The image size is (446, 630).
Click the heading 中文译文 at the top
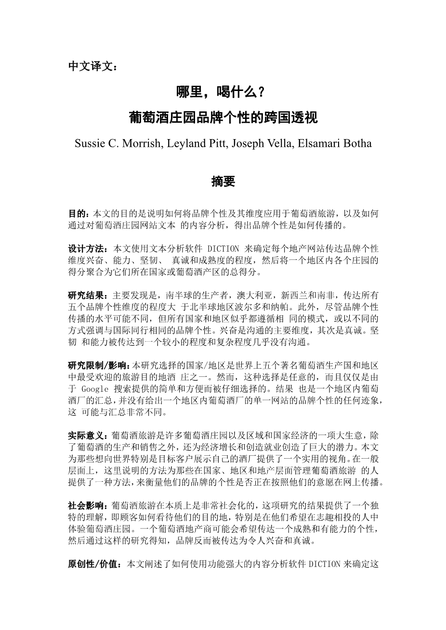92,66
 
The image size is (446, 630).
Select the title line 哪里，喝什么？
223,91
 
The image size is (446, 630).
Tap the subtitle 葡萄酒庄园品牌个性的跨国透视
223,117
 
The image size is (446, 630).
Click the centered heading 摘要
223,182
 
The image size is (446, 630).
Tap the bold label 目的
79,213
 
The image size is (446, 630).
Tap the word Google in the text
95,389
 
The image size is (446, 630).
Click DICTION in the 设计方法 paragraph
223,249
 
